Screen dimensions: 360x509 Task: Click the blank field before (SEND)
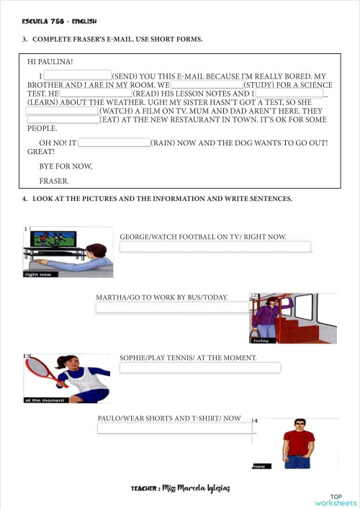tap(77, 75)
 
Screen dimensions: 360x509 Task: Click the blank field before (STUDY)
tap(207, 84)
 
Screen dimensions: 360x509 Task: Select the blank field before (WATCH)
tap(62, 112)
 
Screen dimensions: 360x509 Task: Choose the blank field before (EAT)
tap(63, 120)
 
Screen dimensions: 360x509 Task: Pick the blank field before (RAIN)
tap(114, 143)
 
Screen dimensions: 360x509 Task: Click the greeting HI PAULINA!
tap(50, 63)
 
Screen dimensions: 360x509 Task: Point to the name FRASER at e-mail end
tap(54, 180)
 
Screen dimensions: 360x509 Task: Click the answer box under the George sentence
tap(215, 247)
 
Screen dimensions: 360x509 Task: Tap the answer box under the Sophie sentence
tap(199, 368)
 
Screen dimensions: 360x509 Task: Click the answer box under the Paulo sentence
tap(174, 428)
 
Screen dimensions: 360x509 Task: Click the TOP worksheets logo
tap(335, 500)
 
